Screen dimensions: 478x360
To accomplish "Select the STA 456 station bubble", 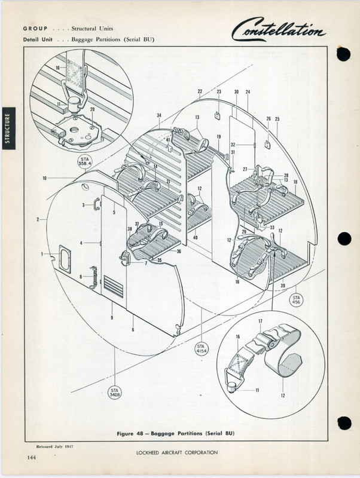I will [x=296, y=299].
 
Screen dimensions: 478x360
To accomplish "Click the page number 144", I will [x=30, y=457].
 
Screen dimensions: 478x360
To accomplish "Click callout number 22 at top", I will [x=200, y=91].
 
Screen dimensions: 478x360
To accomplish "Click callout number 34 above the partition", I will [x=159, y=115].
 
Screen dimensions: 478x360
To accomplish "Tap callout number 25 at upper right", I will [x=277, y=119].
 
